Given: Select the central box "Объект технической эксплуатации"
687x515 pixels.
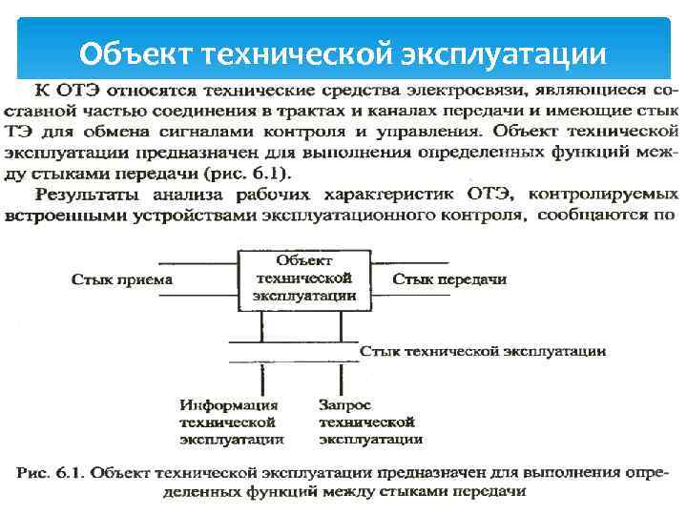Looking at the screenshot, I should point(304,278).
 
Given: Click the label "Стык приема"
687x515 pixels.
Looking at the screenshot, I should point(122,279).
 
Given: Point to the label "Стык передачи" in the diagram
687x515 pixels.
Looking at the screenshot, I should point(449,279).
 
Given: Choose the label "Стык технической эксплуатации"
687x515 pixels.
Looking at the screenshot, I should point(482,351).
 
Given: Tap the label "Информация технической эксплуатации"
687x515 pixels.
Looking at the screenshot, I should point(230,422).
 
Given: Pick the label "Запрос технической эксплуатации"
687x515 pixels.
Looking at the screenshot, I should point(370,422).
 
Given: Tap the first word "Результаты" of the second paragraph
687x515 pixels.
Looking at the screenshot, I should point(77,195).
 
